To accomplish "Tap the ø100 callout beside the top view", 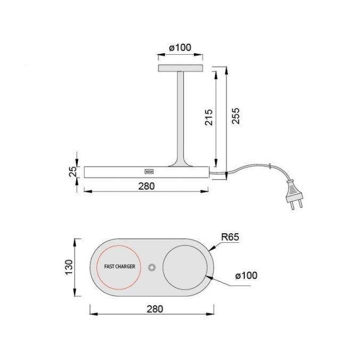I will point(246,276).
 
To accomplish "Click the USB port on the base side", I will point(148,171).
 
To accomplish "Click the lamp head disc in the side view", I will point(180,69).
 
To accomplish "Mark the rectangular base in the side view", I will point(117,171).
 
